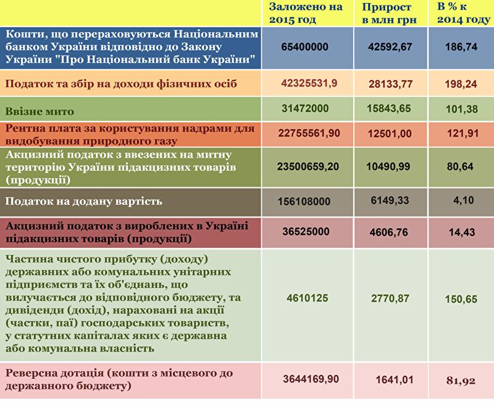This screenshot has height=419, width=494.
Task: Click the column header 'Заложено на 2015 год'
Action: pyautogui.click(x=305, y=14)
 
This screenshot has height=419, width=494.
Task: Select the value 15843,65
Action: pyautogui.click(x=388, y=109)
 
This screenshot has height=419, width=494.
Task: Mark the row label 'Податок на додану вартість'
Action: pyautogui.click(x=83, y=201)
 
